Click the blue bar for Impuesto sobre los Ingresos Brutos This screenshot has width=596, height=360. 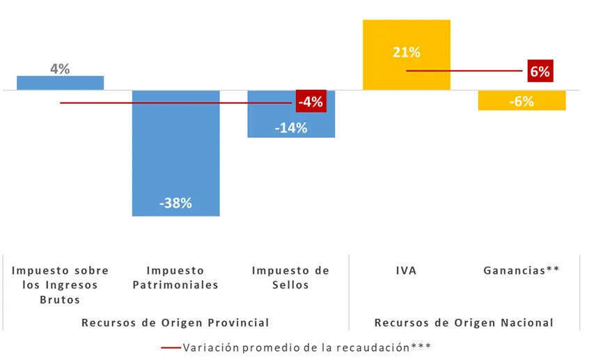60,83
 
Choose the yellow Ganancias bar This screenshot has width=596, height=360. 521,101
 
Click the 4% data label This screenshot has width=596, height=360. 60,69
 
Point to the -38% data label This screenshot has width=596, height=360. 175,203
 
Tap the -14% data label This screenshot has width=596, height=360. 290,127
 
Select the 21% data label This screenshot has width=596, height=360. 407,52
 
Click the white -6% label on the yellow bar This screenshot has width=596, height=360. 521,102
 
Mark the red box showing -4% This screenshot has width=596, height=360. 310,102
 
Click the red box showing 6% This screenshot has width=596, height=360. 540,71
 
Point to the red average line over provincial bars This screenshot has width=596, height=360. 174,103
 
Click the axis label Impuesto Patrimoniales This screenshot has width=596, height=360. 175,277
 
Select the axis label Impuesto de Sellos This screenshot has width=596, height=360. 290,277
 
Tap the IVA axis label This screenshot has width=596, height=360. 407,270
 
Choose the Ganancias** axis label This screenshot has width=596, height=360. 521,270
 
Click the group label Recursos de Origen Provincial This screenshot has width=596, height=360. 175,322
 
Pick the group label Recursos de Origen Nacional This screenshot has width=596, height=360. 464,322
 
